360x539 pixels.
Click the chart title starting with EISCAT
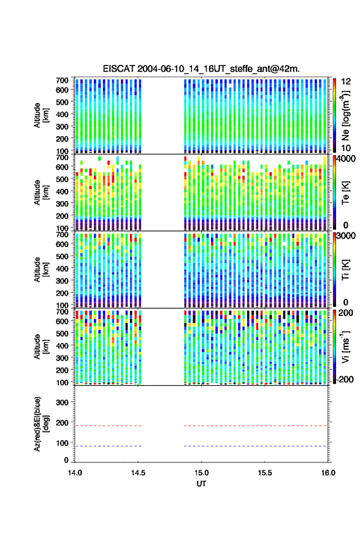pos(201,69)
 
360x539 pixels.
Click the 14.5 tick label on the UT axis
pos(138,473)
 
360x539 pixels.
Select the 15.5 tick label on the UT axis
pos(265,473)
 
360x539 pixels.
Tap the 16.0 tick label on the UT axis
pos(328,473)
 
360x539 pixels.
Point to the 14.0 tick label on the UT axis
pos(75,473)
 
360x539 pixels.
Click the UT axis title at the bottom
pos(201,484)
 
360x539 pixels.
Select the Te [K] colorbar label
pos(345,192)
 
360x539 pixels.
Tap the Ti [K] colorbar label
pos(345,269)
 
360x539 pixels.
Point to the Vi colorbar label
pos(345,346)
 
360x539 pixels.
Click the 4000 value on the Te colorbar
pos(346,159)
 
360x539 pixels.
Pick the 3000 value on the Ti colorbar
pos(346,236)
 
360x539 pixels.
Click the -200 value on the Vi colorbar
pos(345,379)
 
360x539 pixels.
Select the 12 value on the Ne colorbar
pos(346,82)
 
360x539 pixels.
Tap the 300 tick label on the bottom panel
pos(62,402)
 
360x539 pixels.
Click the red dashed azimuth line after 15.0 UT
pos(256,426)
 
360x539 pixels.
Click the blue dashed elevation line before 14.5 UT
pos(108,446)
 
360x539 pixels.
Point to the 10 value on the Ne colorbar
pos(346,148)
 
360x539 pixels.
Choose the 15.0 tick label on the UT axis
pos(202,473)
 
